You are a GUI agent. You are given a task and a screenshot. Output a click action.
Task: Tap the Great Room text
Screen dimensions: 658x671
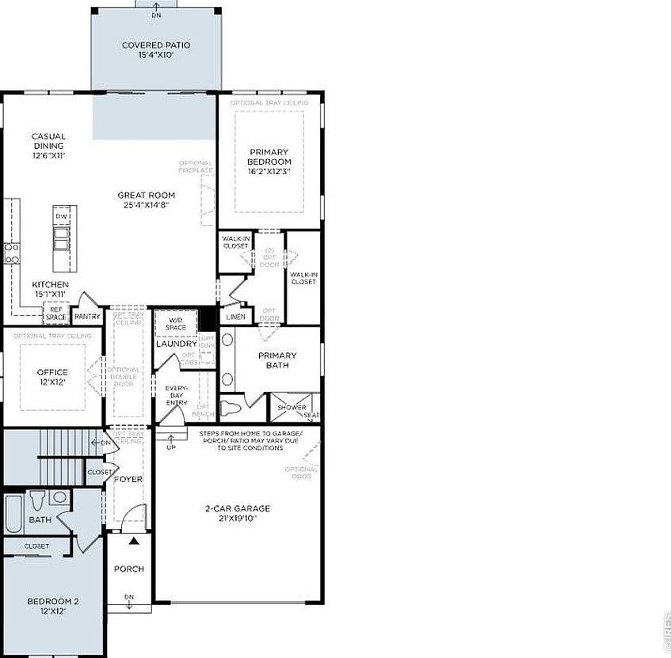coord(147,200)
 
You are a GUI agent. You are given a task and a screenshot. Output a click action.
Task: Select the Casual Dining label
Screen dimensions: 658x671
coord(48,146)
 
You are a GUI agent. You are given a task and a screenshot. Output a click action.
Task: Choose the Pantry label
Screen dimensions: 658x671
coord(87,317)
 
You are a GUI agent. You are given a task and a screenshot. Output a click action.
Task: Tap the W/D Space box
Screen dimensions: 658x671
coord(176,324)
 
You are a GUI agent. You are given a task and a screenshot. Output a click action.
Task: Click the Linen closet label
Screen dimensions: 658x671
coord(235,317)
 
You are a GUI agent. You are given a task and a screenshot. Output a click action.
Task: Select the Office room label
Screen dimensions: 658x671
coord(52,377)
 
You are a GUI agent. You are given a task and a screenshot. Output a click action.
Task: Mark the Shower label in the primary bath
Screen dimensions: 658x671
coord(291,408)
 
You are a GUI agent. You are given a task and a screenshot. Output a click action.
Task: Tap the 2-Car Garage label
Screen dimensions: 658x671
coord(237,513)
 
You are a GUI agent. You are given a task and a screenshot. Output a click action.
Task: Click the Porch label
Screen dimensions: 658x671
coord(128,569)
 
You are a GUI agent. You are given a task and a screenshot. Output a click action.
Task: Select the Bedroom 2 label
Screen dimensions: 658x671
coord(52,606)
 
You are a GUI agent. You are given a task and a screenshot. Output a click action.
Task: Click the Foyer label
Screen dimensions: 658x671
coord(128,480)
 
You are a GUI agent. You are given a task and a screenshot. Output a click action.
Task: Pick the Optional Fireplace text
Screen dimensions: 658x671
coord(195,166)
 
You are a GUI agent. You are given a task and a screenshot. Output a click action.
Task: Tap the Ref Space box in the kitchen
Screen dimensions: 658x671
coord(56,314)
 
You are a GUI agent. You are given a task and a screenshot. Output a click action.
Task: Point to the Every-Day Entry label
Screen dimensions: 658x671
coord(176,395)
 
